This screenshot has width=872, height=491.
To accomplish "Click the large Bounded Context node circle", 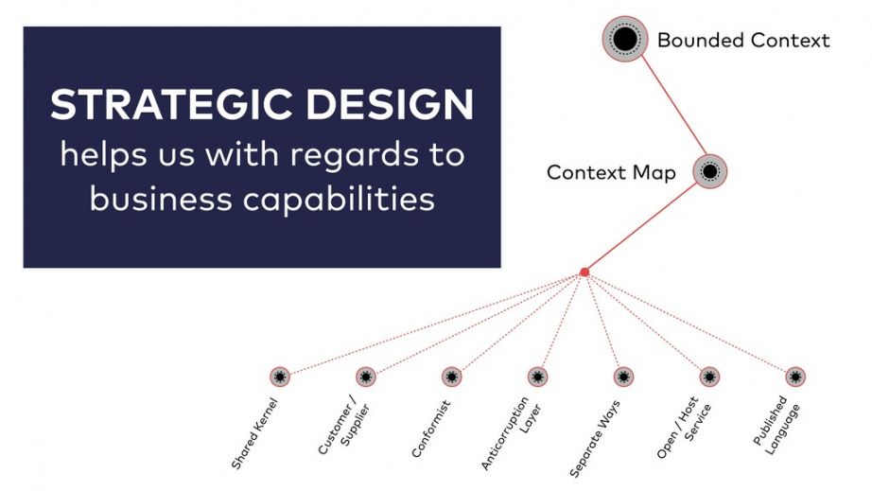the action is coord(625,39).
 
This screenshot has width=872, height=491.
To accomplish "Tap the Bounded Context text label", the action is coord(743,40).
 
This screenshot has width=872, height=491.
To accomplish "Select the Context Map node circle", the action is coord(709,171).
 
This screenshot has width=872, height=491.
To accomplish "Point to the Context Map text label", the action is coord(611,172).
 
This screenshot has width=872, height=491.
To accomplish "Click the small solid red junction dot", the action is coord(584,272).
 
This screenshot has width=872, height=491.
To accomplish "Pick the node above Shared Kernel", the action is coord(280,377).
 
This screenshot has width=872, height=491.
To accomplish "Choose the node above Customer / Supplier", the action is coord(365,377).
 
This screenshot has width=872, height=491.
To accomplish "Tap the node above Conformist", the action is coord(451,377).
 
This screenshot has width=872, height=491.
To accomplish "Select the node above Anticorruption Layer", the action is coord(537,377).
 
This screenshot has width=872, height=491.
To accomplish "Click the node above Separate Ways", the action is coord(623,377).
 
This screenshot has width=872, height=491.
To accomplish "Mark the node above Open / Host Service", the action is coord(709,377).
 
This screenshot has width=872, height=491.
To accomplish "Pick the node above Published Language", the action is coord(795,377).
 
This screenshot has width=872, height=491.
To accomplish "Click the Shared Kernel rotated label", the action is coord(253,433).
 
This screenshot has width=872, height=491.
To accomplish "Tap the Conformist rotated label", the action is coord(430,429).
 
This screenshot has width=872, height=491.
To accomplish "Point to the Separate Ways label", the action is coord(595,439).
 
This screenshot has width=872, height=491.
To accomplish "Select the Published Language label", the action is coord(776,426).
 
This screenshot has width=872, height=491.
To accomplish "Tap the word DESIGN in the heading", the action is coord(390,105).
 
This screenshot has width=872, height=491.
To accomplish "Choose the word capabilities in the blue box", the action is coord(339,200).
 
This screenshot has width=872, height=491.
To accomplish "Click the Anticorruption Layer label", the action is coord(511,432).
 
